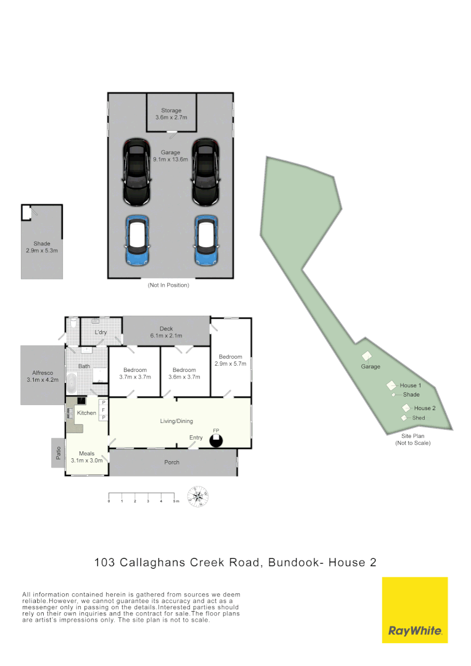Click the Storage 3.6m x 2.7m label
(171, 114)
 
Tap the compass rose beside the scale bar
(198, 496)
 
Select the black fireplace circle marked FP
(216, 440)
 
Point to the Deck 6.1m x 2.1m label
(166, 332)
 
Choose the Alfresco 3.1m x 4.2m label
(43, 376)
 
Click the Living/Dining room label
(177, 421)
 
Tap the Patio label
(57, 453)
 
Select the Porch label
(172, 462)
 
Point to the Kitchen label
(86, 413)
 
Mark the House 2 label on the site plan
(425, 408)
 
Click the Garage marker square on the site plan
(367, 356)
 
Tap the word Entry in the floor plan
(196, 438)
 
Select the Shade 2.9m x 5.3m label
(42, 247)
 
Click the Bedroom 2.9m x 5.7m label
(231, 360)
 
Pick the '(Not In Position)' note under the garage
(168, 286)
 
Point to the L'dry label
(101, 333)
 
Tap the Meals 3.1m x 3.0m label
(86, 457)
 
